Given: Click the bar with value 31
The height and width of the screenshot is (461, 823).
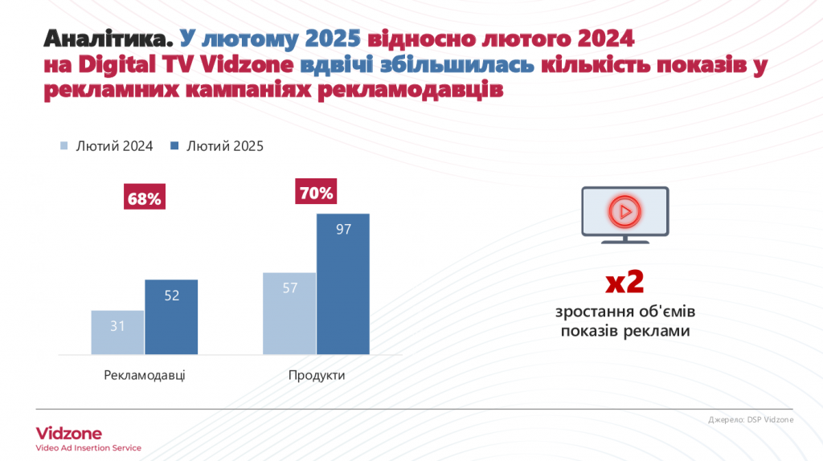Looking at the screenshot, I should (x=117, y=332).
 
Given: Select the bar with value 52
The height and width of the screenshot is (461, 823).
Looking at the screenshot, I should (x=171, y=316).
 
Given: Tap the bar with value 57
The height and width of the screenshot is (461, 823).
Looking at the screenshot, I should (x=289, y=313).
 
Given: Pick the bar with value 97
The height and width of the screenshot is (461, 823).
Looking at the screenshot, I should (x=343, y=284).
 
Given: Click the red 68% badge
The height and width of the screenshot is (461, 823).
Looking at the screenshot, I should (x=144, y=198).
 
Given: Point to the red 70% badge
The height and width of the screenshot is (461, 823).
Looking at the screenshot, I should (x=316, y=193).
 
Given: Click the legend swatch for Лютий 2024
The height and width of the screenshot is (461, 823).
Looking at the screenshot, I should (x=64, y=146).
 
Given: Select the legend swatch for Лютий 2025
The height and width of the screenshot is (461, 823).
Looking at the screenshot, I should (x=175, y=146).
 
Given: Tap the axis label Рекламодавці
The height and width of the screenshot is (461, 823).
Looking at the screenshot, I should (x=145, y=375).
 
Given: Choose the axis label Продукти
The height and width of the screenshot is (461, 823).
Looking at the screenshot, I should (x=317, y=375).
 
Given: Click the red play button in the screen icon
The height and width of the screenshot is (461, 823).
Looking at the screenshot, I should (x=624, y=211).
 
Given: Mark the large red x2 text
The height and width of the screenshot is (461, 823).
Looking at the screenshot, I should (x=624, y=284).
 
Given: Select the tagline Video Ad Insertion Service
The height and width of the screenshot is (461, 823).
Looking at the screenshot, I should (x=88, y=448).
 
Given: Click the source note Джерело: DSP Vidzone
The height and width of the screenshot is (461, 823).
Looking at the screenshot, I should (x=751, y=420).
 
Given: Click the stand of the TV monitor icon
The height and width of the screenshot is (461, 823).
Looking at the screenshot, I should (x=624, y=240).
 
